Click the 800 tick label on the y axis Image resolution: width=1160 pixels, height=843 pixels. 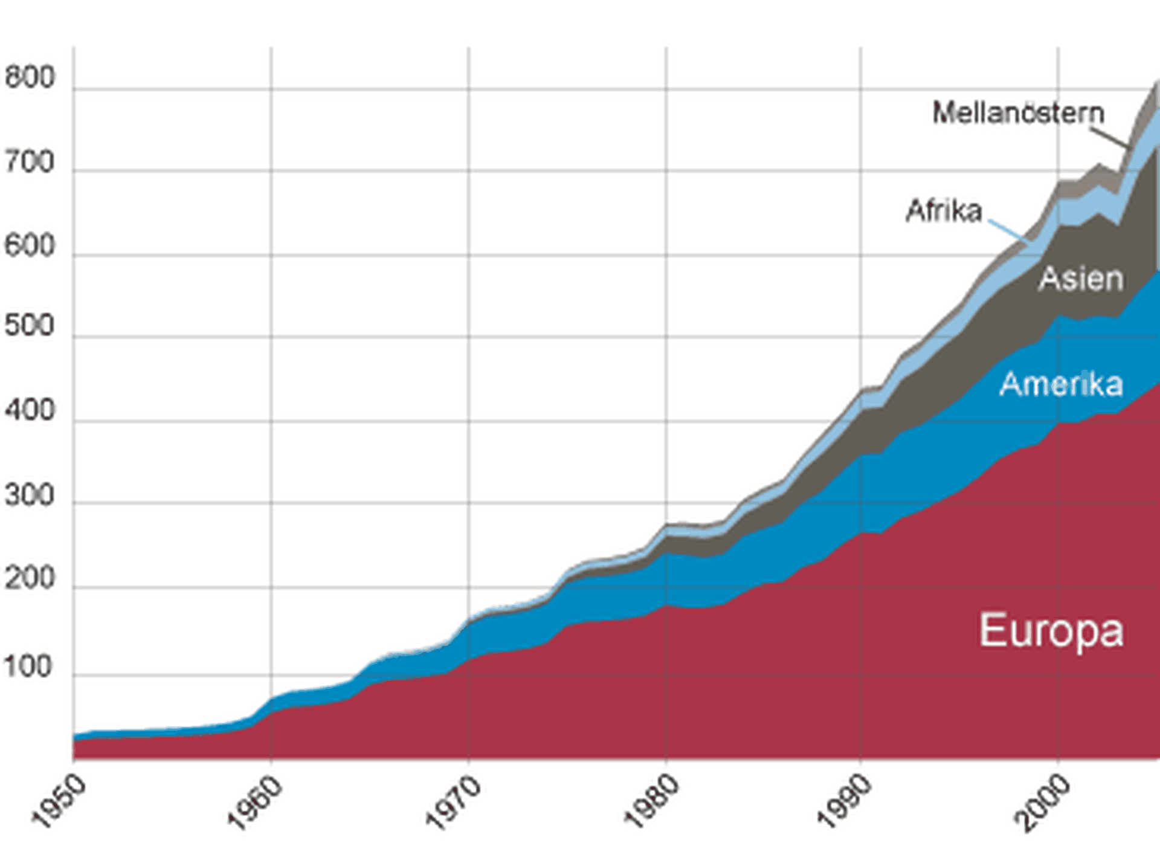[x=29, y=78]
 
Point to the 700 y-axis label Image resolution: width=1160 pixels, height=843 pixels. [x=29, y=163]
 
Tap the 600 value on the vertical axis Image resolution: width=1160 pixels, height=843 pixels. [x=29, y=246]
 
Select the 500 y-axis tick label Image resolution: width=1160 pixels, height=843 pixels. [x=29, y=326]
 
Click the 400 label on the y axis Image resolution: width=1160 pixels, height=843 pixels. [x=29, y=411]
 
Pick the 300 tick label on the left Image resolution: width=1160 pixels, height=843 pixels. [x=29, y=496]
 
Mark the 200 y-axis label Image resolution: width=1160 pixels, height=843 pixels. [x=29, y=579]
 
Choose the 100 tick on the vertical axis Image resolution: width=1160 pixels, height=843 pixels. [x=29, y=667]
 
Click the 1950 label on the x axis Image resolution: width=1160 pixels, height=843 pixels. [x=59, y=802]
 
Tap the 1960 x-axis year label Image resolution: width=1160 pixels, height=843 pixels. [x=255, y=802]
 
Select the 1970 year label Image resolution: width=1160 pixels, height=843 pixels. [x=453, y=802]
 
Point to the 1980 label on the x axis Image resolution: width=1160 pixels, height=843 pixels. [x=651, y=802]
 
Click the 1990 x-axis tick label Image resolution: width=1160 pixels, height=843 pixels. [x=845, y=802]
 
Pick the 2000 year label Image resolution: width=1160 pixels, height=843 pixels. [x=1042, y=802]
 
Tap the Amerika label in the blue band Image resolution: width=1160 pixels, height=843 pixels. [x=1061, y=384]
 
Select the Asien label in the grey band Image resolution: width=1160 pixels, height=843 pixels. [x=1081, y=279]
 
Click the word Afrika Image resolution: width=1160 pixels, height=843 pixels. [x=944, y=211]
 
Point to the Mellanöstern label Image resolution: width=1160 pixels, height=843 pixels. [x=1018, y=113]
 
